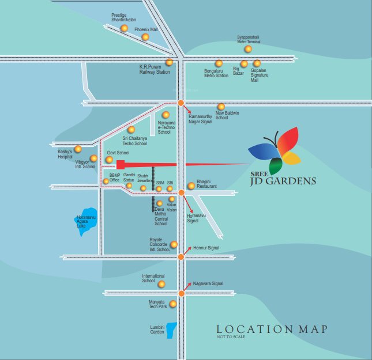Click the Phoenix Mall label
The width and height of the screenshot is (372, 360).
146,29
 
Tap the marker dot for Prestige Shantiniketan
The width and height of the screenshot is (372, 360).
124,28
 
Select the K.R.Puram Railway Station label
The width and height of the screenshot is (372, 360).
154,70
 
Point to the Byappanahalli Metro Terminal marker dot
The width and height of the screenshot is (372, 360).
248,49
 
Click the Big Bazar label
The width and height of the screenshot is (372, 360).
238,72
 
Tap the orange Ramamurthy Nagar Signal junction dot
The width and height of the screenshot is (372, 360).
181,103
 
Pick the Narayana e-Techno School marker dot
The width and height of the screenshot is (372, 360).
166,115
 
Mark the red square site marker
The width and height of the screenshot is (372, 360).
121,164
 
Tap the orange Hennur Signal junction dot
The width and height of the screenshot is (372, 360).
181,257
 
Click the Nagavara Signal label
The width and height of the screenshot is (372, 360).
209,283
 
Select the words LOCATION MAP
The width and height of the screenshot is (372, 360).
268,329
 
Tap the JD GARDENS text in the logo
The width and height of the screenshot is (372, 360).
291,181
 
